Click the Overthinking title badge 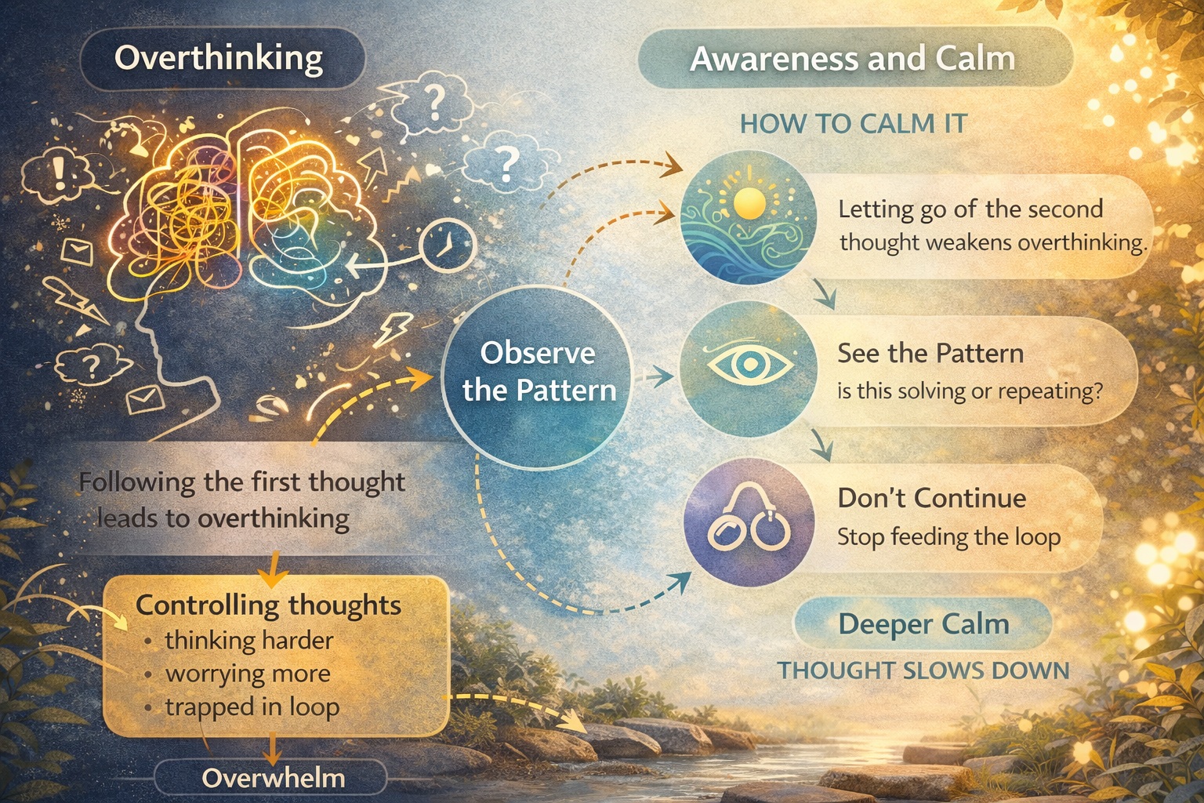tap(219, 58)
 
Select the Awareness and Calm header tap(853, 60)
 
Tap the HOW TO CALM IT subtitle tap(854, 124)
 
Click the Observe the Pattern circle tap(539, 372)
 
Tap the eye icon tap(748, 364)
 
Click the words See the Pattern tap(930, 353)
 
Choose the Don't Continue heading tap(931, 498)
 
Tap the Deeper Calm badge tap(923, 624)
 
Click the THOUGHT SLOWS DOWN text tap(923, 671)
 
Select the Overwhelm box tap(273, 778)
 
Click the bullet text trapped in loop tap(252, 707)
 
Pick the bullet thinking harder tap(248, 641)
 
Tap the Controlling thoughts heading tap(268, 605)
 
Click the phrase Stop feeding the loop tap(948, 537)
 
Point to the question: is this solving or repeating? tap(970, 391)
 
